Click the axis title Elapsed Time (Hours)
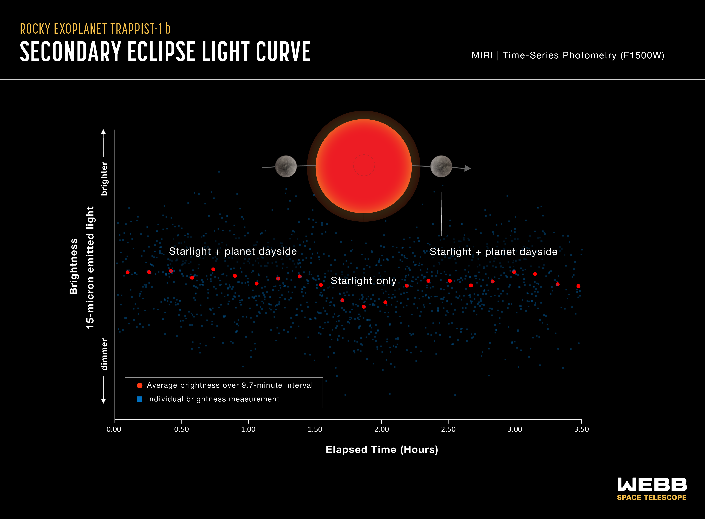click(382, 450)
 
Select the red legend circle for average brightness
click(140, 385)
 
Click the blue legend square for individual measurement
click(140, 399)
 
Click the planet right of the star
click(441, 166)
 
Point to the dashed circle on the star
click(364, 165)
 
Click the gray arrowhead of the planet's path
click(468, 168)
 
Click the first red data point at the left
click(127, 272)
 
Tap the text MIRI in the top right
click(482, 56)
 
